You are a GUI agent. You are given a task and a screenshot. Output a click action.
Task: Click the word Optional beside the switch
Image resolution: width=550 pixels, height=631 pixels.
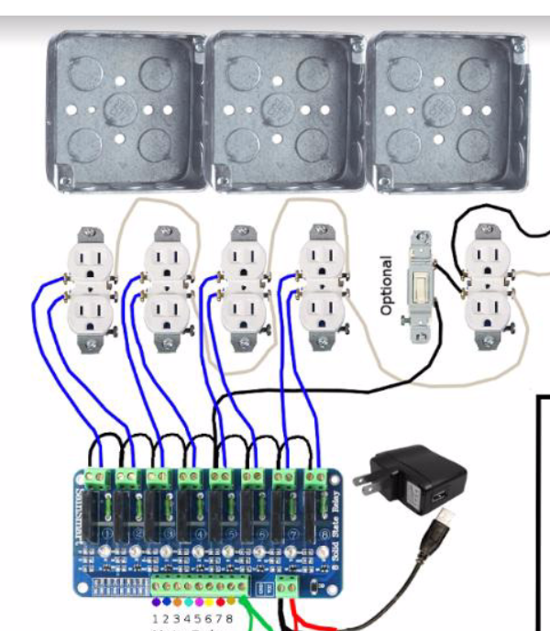click(x=387, y=285)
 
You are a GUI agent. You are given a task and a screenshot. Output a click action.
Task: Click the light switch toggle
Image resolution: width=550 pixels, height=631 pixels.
click(x=422, y=286)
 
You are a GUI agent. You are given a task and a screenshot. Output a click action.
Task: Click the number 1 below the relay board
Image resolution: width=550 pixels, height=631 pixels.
click(x=153, y=619)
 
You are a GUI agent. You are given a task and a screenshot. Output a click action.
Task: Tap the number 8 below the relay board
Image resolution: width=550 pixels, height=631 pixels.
click(x=229, y=619)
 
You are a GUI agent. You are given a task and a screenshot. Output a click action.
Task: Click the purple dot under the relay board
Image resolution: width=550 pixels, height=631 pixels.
click(x=165, y=603)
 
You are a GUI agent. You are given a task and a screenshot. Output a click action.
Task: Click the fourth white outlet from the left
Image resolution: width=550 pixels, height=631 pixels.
click(x=323, y=286)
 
